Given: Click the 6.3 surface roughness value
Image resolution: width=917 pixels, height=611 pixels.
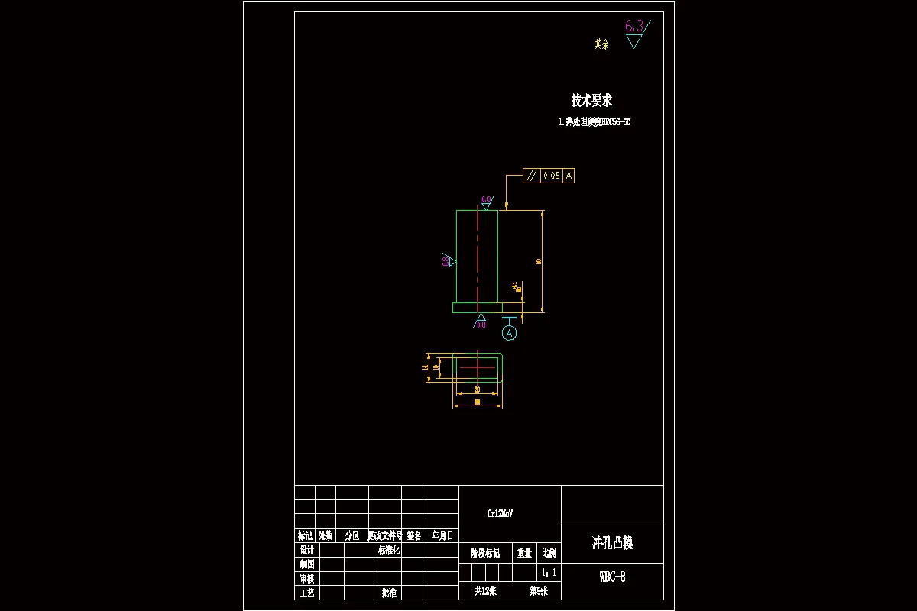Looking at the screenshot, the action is [x=633, y=26].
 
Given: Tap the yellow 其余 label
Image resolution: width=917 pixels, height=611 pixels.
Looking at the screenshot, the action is [x=602, y=44].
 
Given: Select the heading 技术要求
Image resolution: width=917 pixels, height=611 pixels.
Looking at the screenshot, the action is [x=591, y=100].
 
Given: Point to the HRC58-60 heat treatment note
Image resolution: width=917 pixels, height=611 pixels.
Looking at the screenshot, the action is [x=595, y=121].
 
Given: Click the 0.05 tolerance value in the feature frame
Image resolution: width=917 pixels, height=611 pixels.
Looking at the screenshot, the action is [x=551, y=176].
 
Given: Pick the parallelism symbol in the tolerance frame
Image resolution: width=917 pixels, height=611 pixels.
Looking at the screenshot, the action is [x=531, y=176].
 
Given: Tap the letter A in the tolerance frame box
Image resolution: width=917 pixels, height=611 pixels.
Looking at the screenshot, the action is [x=569, y=176].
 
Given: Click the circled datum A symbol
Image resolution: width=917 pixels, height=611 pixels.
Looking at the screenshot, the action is [x=510, y=333].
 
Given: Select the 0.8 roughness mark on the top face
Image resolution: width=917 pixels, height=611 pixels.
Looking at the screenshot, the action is [x=486, y=201].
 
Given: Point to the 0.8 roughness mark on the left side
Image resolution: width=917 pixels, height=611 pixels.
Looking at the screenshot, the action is [x=446, y=261].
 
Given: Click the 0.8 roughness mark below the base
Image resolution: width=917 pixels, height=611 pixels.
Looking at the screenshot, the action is [x=481, y=323].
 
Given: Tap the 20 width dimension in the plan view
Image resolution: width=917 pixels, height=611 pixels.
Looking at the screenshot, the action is [x=477, y=390].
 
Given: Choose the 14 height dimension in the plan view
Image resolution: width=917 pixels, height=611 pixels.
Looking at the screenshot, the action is [x=425, y=367].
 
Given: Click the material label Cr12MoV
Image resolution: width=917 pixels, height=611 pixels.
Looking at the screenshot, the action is [x=501, y=514].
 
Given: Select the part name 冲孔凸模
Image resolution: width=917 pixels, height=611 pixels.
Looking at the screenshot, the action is [x=612, y=543].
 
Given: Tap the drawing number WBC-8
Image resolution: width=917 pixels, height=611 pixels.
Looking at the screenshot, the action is [x=612, y=577].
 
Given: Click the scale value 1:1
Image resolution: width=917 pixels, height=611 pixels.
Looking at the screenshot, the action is [x=549, y=572].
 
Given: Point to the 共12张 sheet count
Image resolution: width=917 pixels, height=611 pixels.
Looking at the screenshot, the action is [x=485, y=591].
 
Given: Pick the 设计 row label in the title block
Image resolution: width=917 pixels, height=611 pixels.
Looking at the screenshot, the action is [x=307, y=550].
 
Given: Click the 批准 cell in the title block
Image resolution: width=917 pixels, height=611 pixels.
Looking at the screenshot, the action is [x=389, y=593].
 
